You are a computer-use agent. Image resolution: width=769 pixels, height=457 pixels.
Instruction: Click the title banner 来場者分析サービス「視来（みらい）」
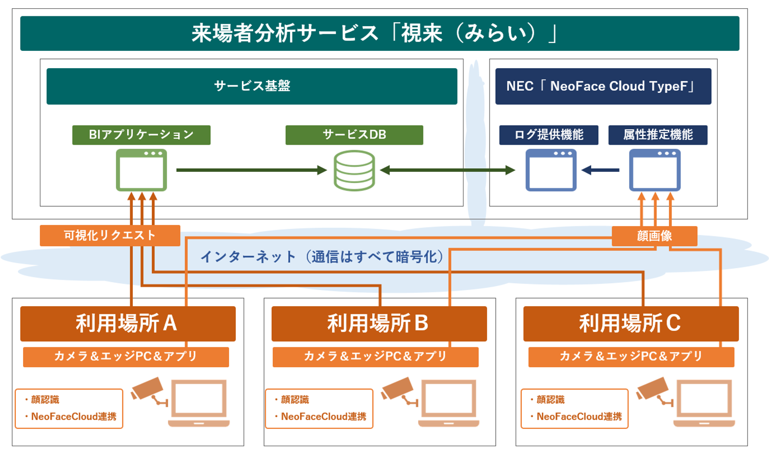point(379,33)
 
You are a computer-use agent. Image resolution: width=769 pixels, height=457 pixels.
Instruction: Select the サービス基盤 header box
point(252,86)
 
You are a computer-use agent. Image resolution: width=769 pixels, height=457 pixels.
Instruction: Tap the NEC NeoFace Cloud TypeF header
point(603,86)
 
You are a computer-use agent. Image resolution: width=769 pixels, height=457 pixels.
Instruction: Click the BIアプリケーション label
point(141,135)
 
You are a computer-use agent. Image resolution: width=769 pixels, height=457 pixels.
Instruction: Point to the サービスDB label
point(354,135)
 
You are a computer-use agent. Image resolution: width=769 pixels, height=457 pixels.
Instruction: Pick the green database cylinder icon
point(354,170)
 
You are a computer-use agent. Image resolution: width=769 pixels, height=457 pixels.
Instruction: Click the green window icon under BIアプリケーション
point(141,170)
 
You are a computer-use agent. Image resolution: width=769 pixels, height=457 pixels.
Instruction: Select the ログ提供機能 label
point(549,135)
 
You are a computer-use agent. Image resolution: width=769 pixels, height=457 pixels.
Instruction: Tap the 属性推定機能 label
point(658,135)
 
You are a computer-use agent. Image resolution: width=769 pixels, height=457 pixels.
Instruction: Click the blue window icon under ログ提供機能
point(551,170)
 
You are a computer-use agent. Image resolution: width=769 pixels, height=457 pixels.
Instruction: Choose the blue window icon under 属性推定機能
point(655,170)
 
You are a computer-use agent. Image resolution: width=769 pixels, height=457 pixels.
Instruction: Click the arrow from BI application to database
point(251,170)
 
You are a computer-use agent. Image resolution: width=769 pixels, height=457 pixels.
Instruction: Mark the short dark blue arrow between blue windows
point(600,170)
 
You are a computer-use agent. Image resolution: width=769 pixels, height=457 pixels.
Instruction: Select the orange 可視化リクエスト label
point(110,235)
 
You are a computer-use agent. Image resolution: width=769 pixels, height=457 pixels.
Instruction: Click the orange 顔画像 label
point(654,236)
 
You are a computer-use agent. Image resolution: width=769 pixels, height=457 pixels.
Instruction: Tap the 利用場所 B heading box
point(379,324)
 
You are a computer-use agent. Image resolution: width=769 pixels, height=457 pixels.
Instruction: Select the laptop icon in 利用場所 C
point(704,403)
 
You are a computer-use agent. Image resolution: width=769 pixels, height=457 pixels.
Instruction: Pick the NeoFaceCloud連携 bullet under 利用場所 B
point(323,416)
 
